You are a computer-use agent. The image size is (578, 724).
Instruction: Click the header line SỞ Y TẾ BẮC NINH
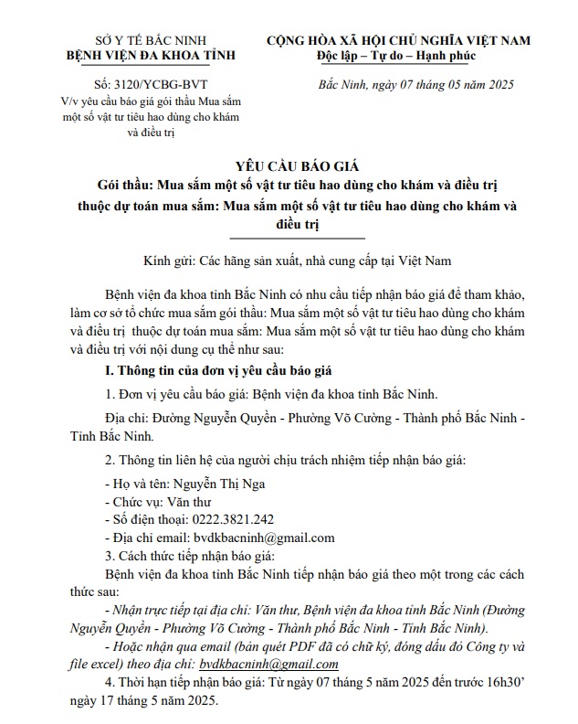pyautogui.click(x=122, y=41)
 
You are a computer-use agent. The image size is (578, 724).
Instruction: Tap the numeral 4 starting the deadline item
pyautogui.click(x=109, y=682)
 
